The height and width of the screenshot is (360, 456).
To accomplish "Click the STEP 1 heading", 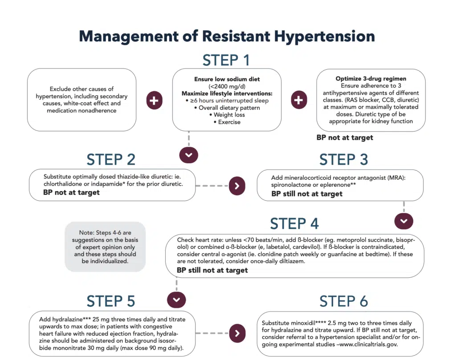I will coord(226,60).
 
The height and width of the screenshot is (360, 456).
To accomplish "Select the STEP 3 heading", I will coord(343,159).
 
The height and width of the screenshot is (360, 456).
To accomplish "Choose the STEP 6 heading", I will coord(343,301).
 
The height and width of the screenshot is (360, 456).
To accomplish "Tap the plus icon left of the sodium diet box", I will coord(154,101).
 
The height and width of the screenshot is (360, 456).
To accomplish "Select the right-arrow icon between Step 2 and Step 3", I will coord(237,186).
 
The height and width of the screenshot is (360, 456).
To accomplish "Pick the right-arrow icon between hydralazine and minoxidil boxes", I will coord(237,333).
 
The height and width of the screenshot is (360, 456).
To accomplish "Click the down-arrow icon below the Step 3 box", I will coord(404,221).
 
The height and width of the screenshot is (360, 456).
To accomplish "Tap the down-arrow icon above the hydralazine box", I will coord(176,299).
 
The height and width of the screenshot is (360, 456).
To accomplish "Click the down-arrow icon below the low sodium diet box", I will coord(188,154).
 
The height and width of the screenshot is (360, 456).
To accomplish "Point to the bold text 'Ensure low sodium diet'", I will coord(226,79).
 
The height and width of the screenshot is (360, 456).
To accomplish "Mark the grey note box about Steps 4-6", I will coord(105,247).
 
